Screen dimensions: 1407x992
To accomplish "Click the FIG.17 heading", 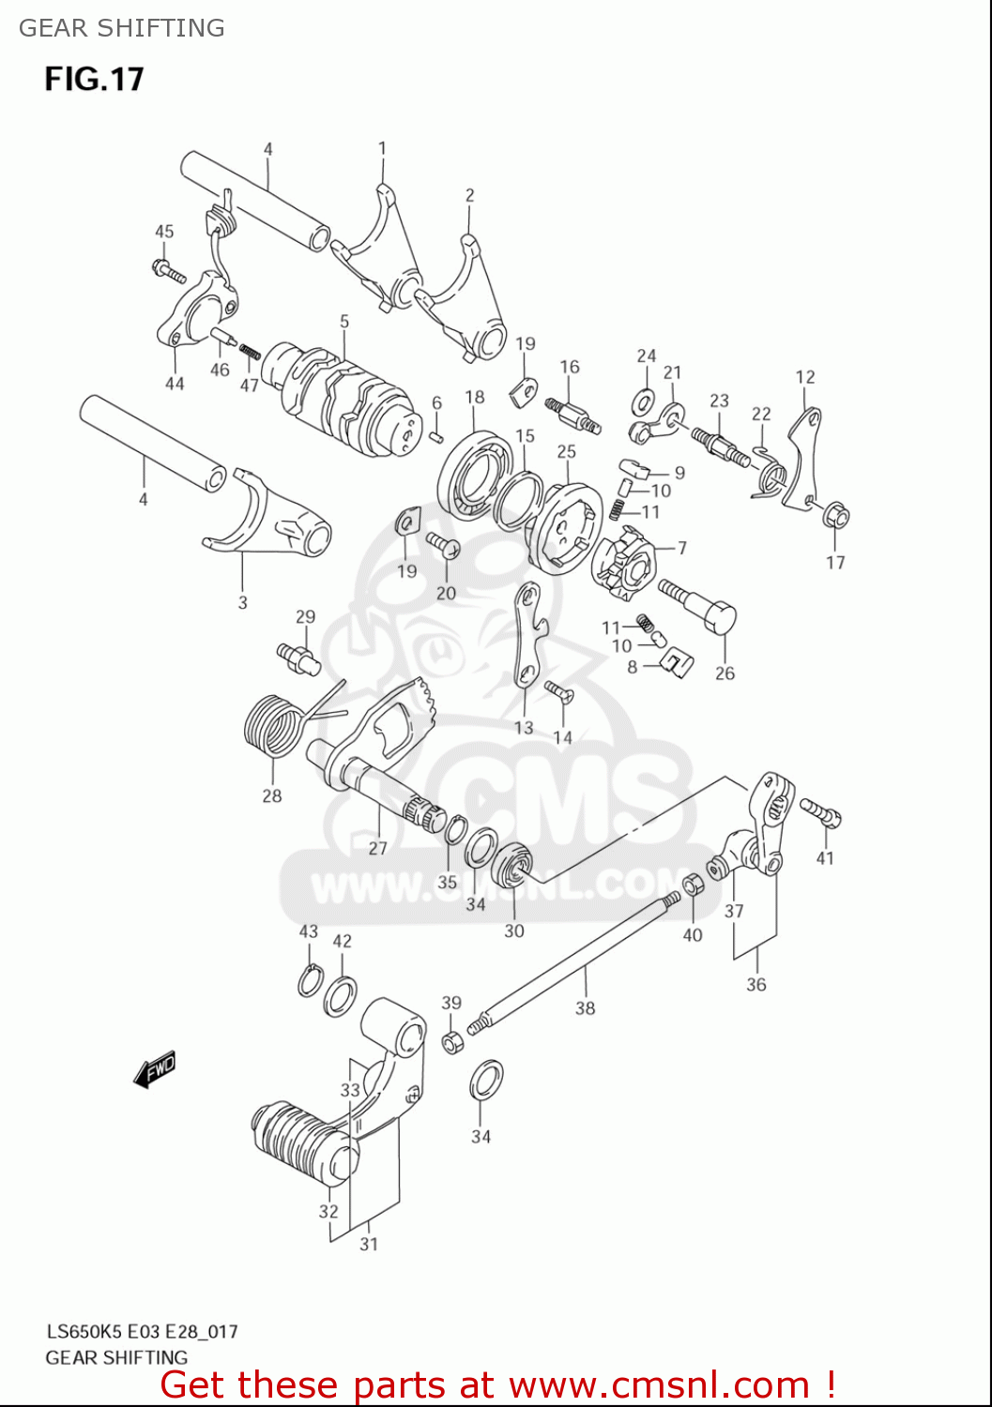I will coord(94,79).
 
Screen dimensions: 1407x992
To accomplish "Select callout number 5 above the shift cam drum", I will coord(344,322).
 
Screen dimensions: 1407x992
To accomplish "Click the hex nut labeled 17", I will coord(837,517).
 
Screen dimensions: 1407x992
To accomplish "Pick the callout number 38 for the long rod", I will coord(585,1008).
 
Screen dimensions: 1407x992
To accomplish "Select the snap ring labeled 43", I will coord(309,981).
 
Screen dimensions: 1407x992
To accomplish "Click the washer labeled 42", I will coord(340,995).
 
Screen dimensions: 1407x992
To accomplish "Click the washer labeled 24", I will coord(645,401).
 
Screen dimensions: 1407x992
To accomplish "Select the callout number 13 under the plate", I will coord(524,727).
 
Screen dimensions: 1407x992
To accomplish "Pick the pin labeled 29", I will coord(298,656).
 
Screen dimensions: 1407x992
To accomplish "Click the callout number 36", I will coord(756,984).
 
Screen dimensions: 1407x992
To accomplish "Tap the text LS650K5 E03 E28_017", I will coord(142,1331).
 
